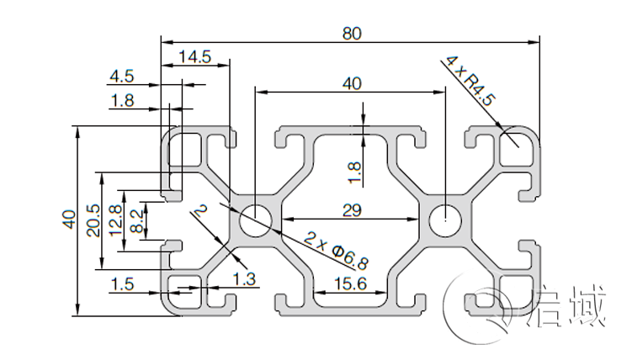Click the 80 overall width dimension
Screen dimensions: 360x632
pyautogui.click(x=352, y=34)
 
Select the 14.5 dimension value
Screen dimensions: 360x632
pyautogui.click(x=194, y=57)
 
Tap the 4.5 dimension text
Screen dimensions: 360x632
pyautogui.click(x=121, y=77)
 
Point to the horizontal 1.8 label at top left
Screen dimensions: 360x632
pyautogui.click(x=121, y=101)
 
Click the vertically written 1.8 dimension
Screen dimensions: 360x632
pyautogui.click(x=354, y=171)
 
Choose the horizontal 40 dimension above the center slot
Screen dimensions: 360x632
pyautogui.click(x=352, y=82)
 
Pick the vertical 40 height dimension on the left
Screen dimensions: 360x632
pyautogui.click(x=67, y=220)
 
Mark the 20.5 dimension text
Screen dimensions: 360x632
pyautogui.click(x=93, y=220)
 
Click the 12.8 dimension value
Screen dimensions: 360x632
pyautogui.click(x=116, y=220)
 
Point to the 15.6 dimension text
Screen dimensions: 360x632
pyautogui.click(x=350, y=283)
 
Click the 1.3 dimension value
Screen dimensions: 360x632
pyautogui.click(x=245, y=278)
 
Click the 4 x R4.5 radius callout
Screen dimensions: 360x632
pyautogui.click(x=471, y=82)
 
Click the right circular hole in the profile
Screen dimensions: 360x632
pyautogui.click(x=444, y=222)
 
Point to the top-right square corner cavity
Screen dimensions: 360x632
pyautogui.click(x=514, y=152)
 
